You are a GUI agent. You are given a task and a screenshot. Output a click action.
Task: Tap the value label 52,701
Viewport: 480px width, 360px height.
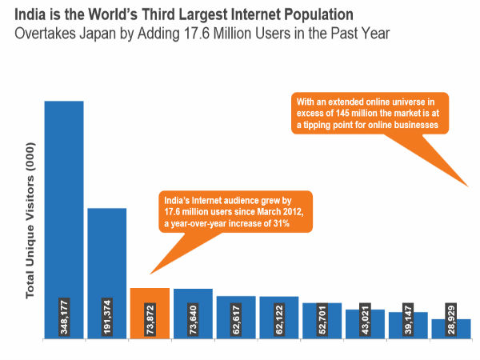point(322,319)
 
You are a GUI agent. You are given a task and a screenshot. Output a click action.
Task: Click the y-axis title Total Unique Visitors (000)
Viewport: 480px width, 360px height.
point(31,228)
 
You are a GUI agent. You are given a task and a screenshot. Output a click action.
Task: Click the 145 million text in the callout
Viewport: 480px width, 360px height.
point(346,114)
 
